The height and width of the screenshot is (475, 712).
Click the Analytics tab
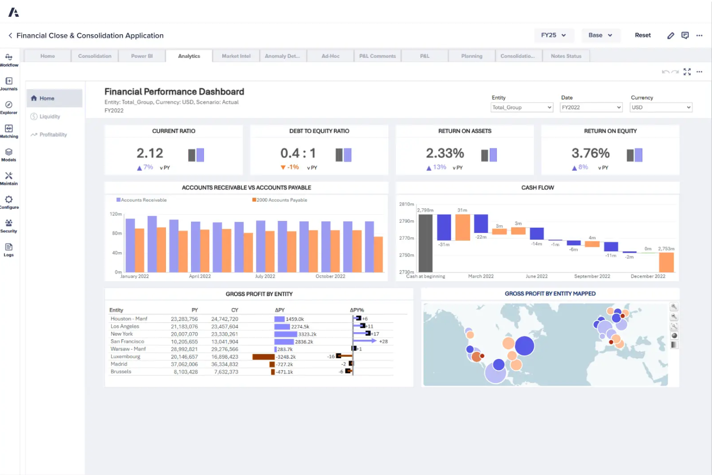tap(189, 56)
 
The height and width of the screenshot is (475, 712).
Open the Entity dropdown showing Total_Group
tap(521, 107)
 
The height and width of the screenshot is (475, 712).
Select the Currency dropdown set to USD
tap(661, 107)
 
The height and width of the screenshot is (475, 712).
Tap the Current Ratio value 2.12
tap(150, 153)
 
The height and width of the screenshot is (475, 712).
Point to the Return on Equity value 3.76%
tap(590, 153)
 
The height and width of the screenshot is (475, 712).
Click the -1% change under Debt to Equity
tap(290, 167)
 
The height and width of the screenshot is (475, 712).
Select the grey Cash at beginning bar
tap(425, 243)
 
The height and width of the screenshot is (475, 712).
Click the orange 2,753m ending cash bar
tap(666, 262)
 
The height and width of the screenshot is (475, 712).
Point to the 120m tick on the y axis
tap(115, 214)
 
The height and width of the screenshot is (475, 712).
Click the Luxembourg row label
tap(126, 357)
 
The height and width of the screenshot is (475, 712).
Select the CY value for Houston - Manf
tap(225, 319)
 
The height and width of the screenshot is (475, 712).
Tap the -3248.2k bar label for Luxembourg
tap(286, 357)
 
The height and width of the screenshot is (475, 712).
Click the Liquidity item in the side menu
tap(50, 116)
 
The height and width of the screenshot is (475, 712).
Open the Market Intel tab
tap(236, 56)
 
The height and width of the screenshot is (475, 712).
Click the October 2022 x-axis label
tap(330, 276)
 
